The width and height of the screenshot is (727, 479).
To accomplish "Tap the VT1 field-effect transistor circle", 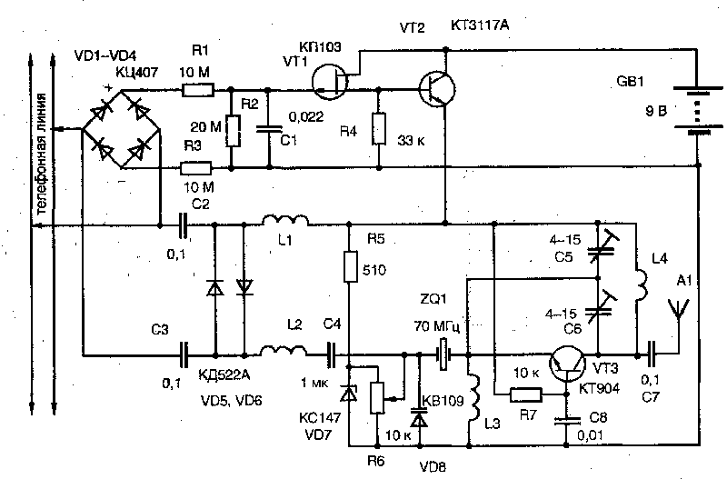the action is pos(330,82).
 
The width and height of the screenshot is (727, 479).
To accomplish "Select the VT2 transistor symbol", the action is pos(437,88).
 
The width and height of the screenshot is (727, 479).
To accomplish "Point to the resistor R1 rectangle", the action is pos(198,89).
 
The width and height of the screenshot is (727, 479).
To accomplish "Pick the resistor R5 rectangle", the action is pos(351,266).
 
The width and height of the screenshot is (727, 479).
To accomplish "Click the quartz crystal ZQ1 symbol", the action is pos(443,355).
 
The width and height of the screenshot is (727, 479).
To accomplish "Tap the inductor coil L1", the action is pos(285,220).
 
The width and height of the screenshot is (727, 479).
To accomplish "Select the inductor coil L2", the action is pos(284,351).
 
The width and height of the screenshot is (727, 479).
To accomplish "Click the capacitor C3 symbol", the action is pos(184,355).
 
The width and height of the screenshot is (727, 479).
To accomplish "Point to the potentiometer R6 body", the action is pos(377,398).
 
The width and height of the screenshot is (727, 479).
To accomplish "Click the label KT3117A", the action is pos(480,25).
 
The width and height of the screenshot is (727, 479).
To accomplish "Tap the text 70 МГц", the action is pos(437,326).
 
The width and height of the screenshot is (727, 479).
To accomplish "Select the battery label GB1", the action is pos(630,82).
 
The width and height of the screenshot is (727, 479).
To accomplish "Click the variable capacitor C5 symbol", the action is pos(601,249).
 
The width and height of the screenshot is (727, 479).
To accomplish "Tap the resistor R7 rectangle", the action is pos(526,394).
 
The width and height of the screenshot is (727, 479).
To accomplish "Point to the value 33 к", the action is pos(411,141).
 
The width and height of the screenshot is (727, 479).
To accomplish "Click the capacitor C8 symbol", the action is pos(567,420).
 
